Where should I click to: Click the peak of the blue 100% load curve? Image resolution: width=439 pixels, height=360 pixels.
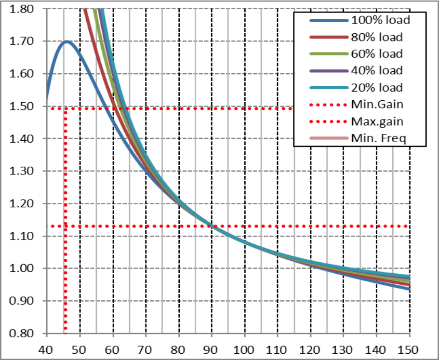(66, 41)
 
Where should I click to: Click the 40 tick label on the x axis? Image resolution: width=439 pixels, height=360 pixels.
(47, 349)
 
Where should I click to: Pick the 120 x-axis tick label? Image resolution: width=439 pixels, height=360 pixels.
(311, 349)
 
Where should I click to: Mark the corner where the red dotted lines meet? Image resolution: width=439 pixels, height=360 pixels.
(65, 108)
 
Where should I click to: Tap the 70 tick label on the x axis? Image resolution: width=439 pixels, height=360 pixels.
(146, 349)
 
